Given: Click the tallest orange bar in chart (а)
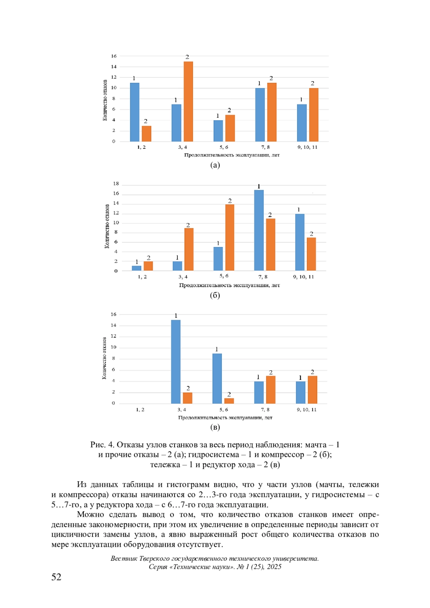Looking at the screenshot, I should coord(188,101).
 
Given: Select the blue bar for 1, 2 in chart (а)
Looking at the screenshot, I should coord(134,112).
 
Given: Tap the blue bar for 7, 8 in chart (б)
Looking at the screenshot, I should coord(259,230).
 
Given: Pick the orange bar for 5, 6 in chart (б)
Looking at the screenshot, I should coord(230,237).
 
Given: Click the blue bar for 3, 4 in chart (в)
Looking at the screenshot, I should coord(176,362).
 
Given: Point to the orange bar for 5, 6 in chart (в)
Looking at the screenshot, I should coord(229,401).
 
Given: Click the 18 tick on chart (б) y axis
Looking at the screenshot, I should coord(116,184).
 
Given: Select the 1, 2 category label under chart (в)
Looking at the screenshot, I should coord(140,410).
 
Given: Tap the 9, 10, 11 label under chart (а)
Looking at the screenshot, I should coord(307,147).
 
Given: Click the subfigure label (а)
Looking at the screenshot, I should coord(215,165).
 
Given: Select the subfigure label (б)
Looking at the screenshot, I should coord(215,295).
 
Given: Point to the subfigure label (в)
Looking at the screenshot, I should coord(215,427).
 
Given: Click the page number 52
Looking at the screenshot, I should coord(56,577).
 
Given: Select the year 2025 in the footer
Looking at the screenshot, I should coord(274,567).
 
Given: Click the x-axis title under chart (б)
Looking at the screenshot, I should coord(229,285).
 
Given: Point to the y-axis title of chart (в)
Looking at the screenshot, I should coord(104,358).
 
